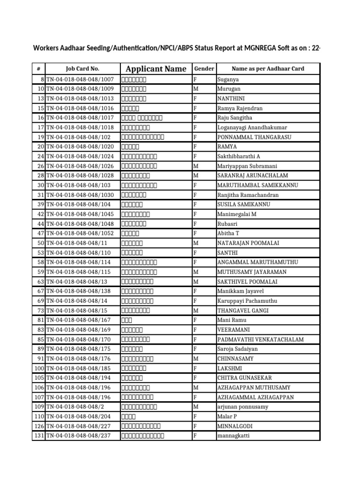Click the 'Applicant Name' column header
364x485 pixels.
point(156,69)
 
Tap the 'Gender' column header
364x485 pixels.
point(204,69)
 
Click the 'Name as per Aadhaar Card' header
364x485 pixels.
point(268,69)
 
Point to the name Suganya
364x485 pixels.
point(228,80)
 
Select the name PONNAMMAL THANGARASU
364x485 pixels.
point(254,137)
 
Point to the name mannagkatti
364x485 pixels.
point(233,436)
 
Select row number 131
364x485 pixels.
point(38,436)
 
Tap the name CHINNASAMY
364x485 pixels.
point(236,359)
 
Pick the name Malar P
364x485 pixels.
point(227,416)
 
